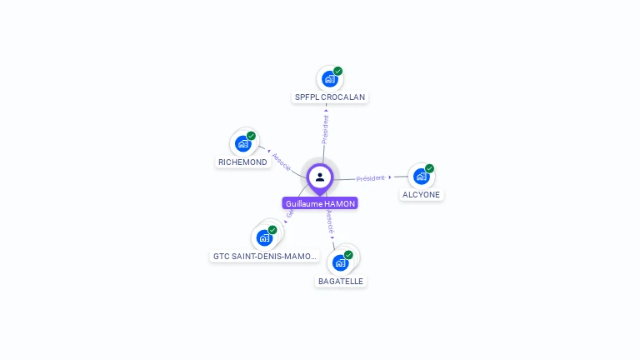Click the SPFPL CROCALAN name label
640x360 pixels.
coord(330,97)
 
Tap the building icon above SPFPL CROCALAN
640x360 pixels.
coord(329,79)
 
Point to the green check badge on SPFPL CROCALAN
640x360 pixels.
coord(338,71)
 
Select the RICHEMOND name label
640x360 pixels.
coord(242,162)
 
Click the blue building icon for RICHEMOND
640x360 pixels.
coord(243,143)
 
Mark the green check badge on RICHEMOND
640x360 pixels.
coord(251,136)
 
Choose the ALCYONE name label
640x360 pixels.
coord(422,194)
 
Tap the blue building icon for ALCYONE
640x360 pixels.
coord(421,176)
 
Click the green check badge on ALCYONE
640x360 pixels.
coord(429,168)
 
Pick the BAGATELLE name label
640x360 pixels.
coord(341,281)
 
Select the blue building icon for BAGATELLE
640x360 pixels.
coord(340,262)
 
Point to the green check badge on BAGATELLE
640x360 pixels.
coord(348,255)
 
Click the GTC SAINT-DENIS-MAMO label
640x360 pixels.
coord(265,256)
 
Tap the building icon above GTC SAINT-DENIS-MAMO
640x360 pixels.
coord(265,237)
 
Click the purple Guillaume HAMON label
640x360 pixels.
coord(320,203)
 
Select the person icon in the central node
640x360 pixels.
coord(320,177)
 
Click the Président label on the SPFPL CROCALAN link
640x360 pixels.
coord(326,129)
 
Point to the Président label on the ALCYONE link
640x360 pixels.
coord(371,178)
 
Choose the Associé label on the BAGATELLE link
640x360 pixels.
coord(330,221)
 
